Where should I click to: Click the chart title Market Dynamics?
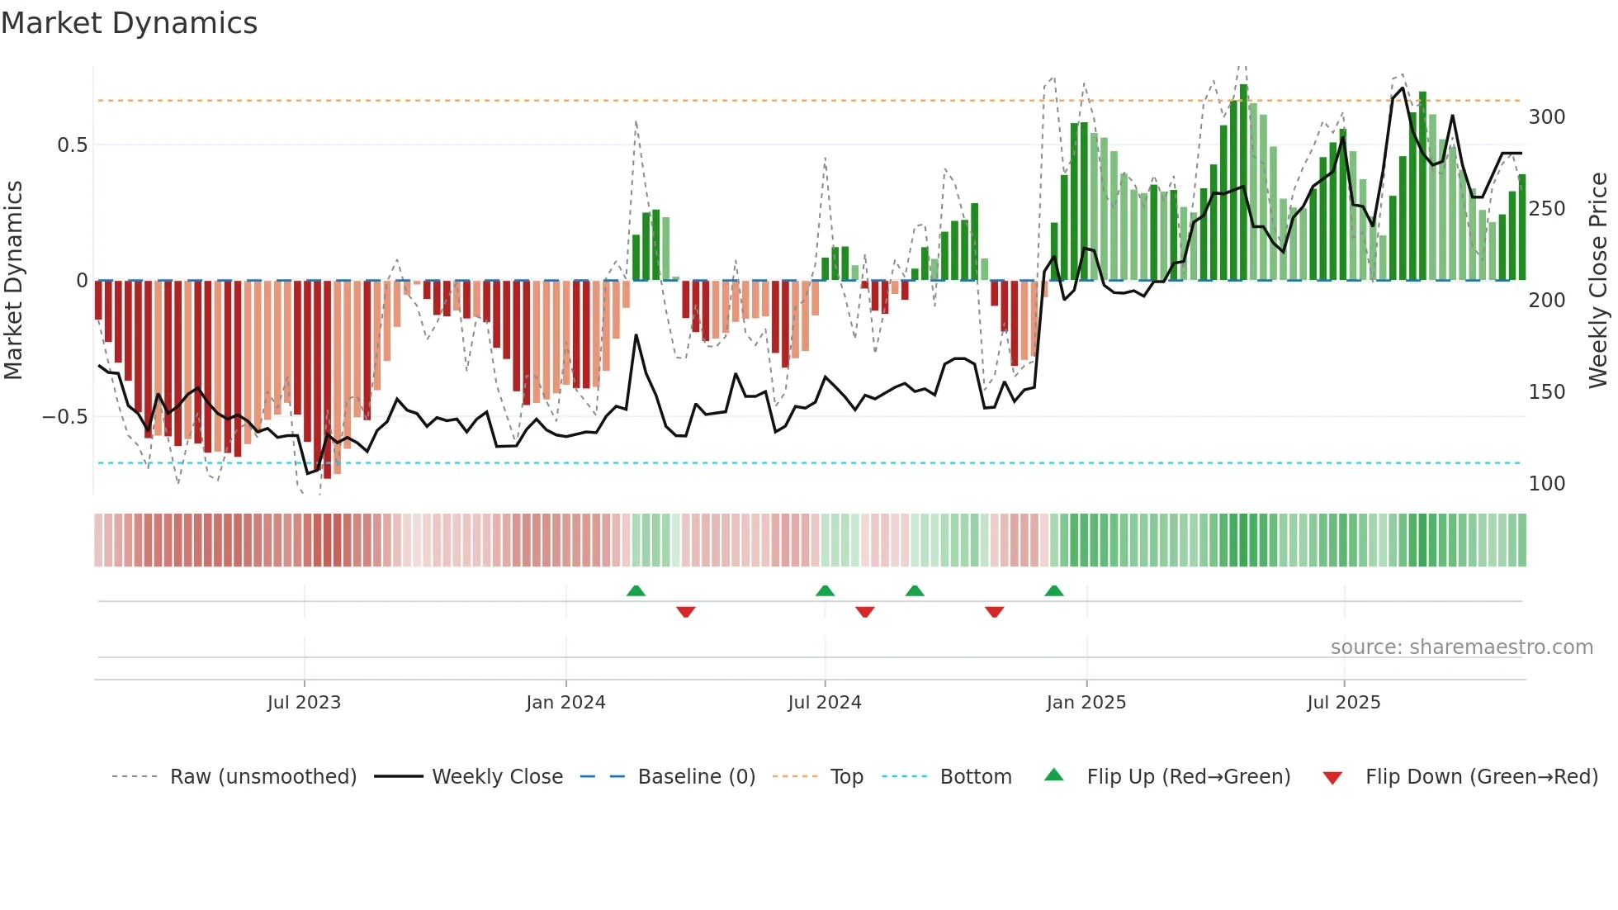tap(129, 23)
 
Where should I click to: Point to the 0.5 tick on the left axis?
tap(72, 145)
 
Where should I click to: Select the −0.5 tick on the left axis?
tap(65, 417)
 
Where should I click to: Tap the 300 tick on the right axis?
tap(1546, 117)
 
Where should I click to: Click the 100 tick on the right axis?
tap(1546, 484)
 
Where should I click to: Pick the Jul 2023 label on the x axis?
tap(304, 703)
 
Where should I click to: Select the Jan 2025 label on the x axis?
tap(1086, 703)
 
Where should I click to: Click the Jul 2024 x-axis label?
tap(824, 703)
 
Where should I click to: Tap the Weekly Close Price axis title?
tap(1598, 280)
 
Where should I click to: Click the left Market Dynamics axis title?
tap(13, 280)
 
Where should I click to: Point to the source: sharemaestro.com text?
tap(1461, 647)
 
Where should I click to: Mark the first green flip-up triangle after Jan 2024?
tap(636, 591)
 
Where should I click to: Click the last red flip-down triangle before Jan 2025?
tap(994, 611)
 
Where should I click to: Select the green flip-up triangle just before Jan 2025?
tap(1054, 591)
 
